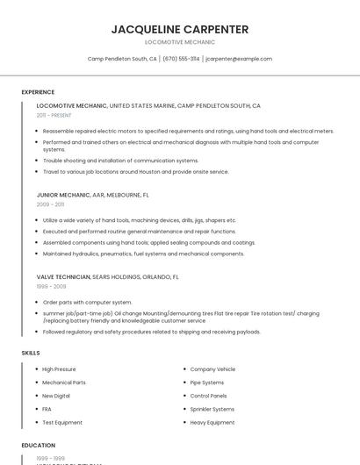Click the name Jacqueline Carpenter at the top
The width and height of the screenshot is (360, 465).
[179, 29]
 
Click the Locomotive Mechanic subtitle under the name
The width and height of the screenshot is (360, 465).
[179, 42]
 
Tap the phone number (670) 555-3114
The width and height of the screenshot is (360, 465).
[181, 59]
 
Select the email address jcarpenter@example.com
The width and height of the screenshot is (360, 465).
[239, 59]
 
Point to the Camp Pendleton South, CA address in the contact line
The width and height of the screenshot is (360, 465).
[122, 59]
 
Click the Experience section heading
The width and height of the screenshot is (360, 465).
[38, 92]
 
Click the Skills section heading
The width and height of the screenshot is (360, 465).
[31, 353]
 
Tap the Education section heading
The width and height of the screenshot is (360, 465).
[39, 446]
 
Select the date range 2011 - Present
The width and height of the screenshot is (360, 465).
[54, 115]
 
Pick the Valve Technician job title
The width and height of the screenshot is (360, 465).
[63, 276]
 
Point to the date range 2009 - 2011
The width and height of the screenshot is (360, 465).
[50, 204]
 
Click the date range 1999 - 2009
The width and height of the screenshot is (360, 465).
[51, 286]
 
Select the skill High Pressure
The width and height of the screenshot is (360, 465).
[59, 369]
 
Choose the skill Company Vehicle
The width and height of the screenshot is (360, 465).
[212, 369]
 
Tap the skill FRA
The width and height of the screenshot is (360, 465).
[47, 409]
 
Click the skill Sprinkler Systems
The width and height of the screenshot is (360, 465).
[212, 409]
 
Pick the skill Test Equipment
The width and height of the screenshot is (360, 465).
[62, 422]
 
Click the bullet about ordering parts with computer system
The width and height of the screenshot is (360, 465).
[87, 302]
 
